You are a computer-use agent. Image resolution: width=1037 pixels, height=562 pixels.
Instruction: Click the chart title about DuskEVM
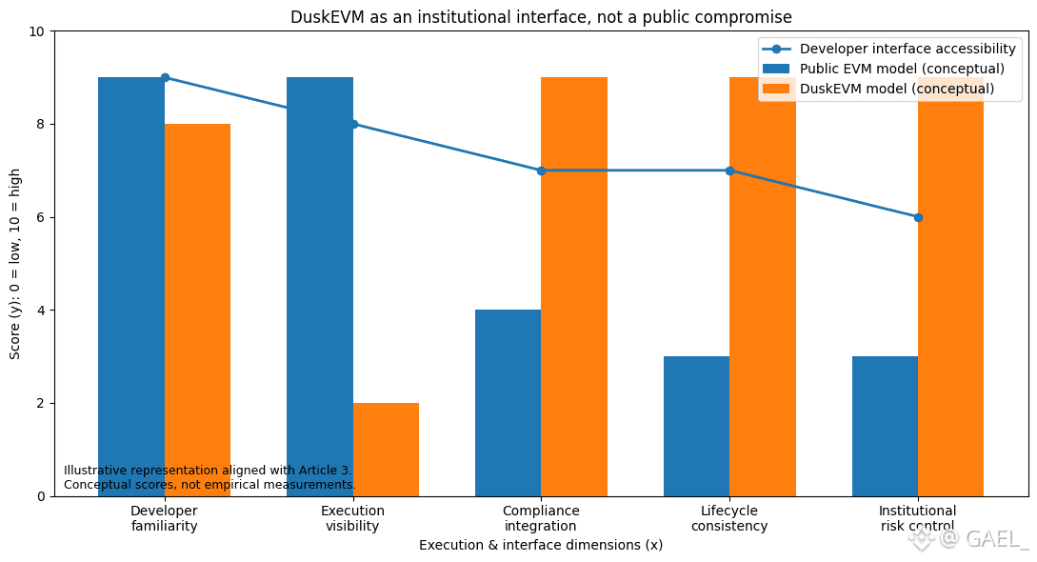click(x=541, y=17)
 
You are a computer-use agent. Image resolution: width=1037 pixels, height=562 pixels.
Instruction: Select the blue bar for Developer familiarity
click(x=131, y=286)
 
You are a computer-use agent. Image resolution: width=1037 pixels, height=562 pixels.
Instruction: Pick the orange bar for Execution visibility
click(x=386, y=449)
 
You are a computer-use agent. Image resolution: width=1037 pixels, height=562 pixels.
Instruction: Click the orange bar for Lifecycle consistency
click(x=763, y=286)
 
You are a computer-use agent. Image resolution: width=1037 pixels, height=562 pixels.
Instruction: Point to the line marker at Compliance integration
click(x=541, y=171)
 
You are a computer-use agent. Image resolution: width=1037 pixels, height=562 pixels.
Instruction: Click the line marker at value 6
click(x=918, y=217)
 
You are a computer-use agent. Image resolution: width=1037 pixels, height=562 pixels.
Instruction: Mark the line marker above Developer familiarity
click(x=165, y=77)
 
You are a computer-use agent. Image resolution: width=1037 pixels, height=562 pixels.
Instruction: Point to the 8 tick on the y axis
click(x=39, y=124)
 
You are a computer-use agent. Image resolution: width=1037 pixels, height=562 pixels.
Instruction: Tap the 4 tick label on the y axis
click(x=39, y=311)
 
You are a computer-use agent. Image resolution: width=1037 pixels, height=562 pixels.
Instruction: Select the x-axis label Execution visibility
click(x=352, y=518)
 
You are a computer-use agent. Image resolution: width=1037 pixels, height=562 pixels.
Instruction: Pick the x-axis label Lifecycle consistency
click(x=729, y=518)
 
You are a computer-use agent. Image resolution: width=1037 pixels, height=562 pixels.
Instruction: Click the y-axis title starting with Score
click(x=15, y=264)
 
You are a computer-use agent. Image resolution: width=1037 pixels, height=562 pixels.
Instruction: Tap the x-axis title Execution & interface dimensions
click(x=541, y=545)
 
